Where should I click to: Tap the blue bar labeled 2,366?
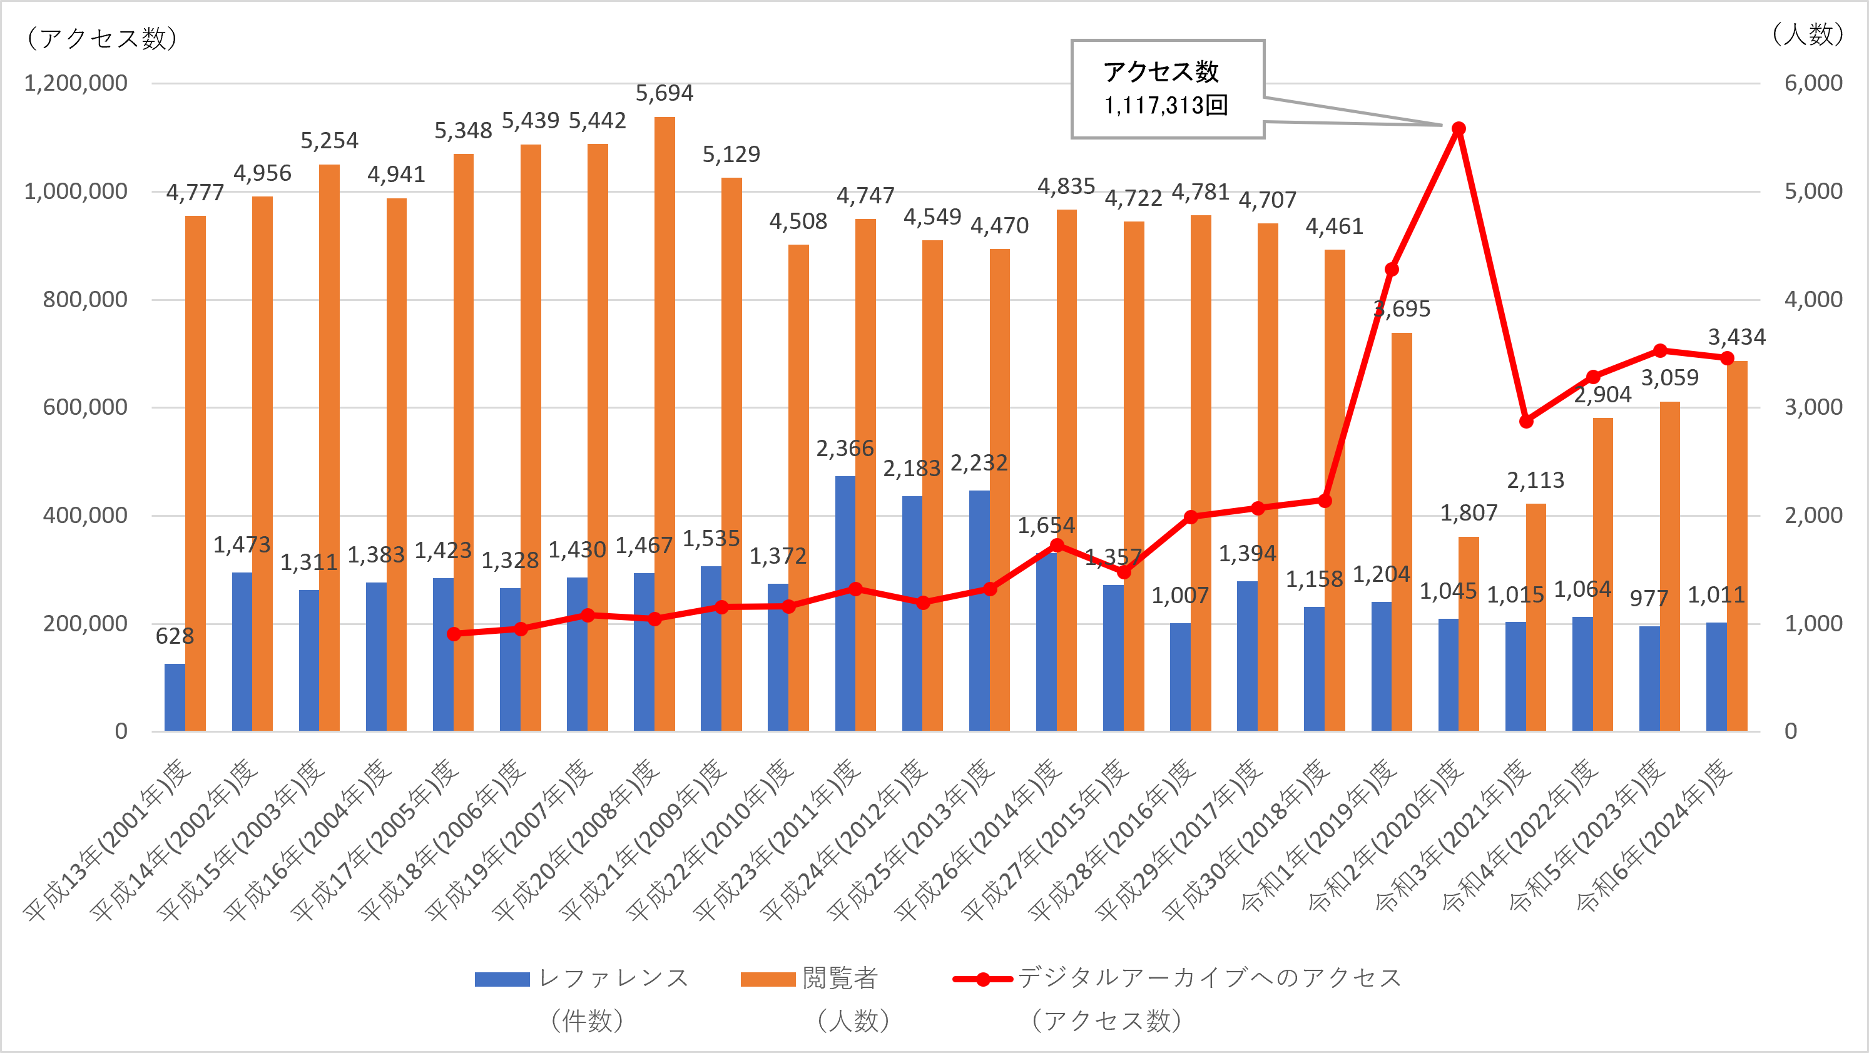(x=845, y=603)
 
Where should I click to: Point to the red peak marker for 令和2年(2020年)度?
(x=1459, y=128)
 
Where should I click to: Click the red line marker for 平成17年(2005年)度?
(x=454, y=634)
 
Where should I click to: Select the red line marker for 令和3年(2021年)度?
(x=1526, y=422)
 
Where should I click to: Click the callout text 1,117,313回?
(x=1166, y=106)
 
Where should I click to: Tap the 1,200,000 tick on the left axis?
(x=76, y=83)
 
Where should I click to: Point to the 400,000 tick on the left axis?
(x=84, y=516)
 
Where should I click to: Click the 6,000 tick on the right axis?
(x=1813, y=83)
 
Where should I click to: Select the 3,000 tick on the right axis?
(x=1813, y=407)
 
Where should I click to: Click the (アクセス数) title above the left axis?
(x=101, y=38)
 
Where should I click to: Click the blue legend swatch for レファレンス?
(x=502, y=979)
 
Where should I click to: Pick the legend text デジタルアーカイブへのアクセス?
(x=1209, y=977)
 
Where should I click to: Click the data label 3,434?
(x=1736, y=337)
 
